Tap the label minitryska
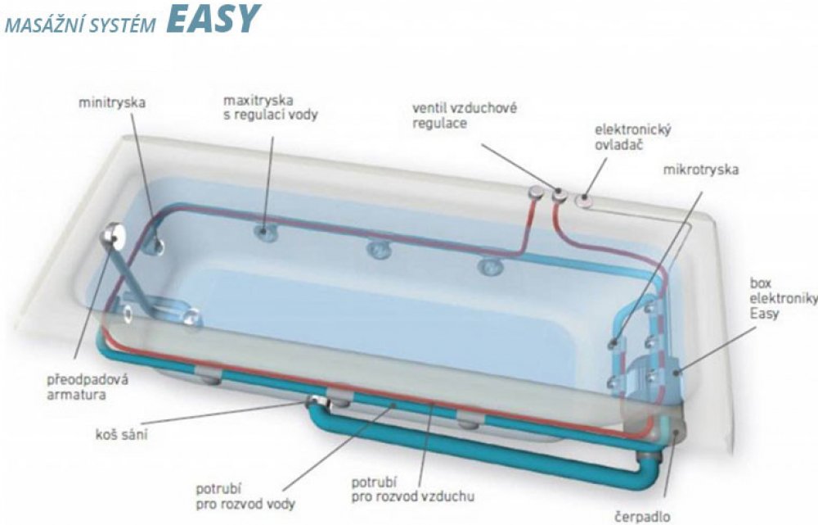[113, 103]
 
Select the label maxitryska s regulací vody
[270, 107]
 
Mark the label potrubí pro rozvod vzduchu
[412, 488]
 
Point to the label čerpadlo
[643, 516]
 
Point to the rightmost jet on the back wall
[488, 265]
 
